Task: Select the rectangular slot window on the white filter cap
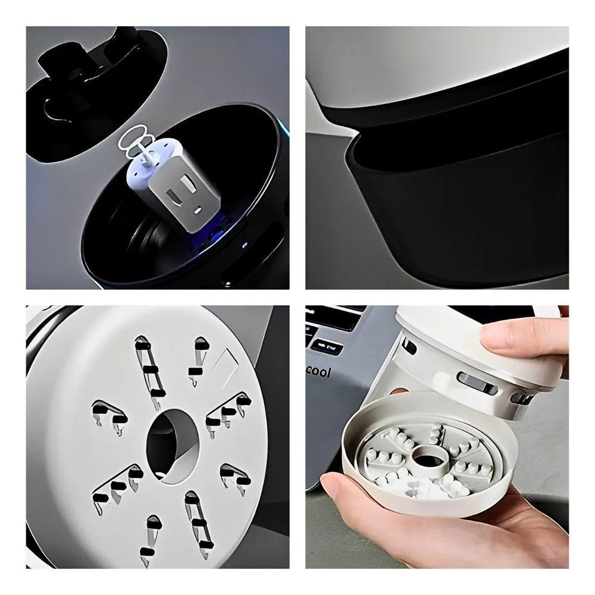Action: click(x=477, y=381)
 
